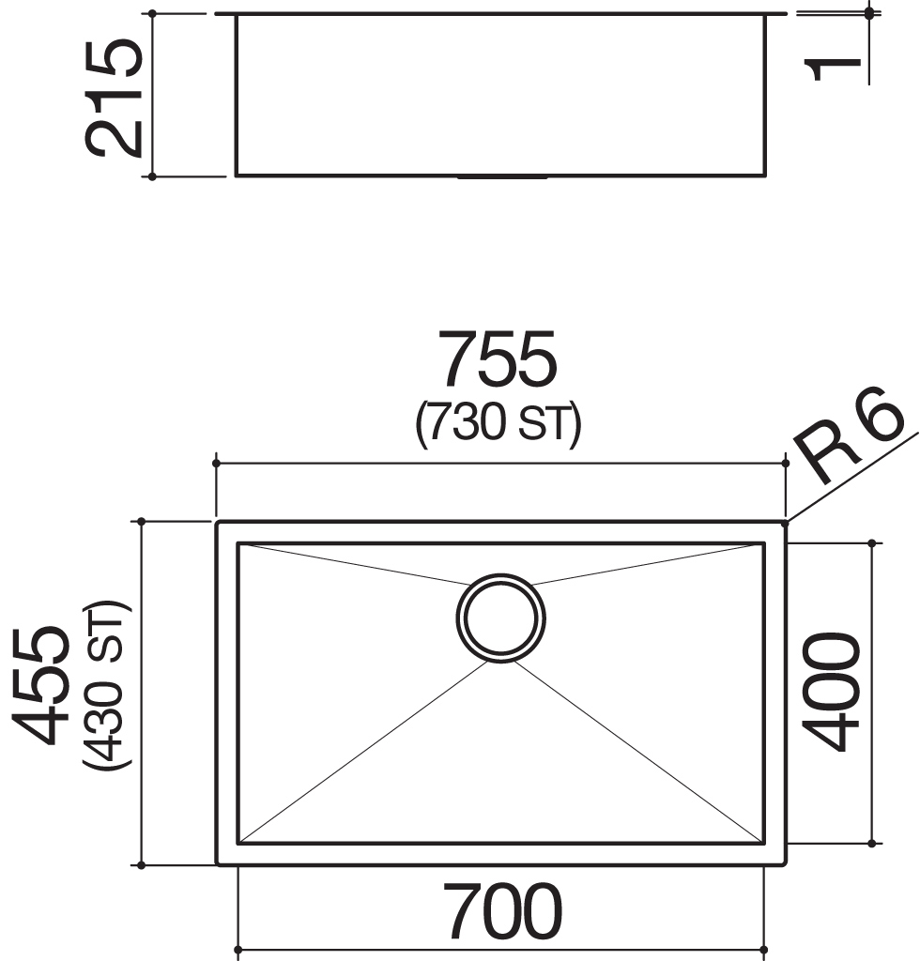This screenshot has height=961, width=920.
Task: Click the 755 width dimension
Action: tap(498, 358)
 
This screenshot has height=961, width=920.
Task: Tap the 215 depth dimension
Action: tap(114, 98)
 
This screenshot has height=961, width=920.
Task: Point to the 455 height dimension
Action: tap(41, 684)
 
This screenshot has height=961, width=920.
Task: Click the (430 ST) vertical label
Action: tap(107, 684)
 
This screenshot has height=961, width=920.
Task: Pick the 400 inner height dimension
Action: tap(831, 692)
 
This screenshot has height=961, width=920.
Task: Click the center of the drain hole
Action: tap(500, 618)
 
